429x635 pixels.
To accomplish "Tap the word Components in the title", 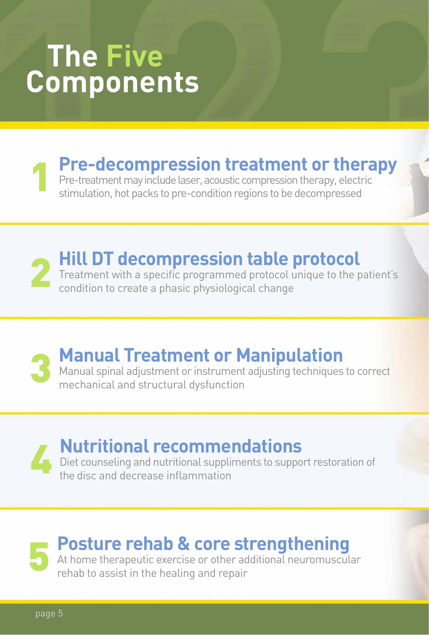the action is (x=113, y=83).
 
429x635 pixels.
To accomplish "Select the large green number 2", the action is (x=41, y=273).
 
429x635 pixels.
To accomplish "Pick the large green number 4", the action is (x=41, y=458).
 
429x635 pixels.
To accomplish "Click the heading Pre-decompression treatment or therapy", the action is (x=228, y=164).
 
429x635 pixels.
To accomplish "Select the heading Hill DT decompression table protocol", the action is (x=209, y=258).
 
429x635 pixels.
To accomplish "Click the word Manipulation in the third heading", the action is (x=289, y=355).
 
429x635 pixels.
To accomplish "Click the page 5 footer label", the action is (x=49, y=614).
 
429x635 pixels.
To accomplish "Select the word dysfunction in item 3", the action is (x=216, y=385).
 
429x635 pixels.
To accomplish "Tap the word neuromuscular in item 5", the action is (x=324, y=560).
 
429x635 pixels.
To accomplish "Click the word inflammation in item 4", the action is (x=199, y=476).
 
